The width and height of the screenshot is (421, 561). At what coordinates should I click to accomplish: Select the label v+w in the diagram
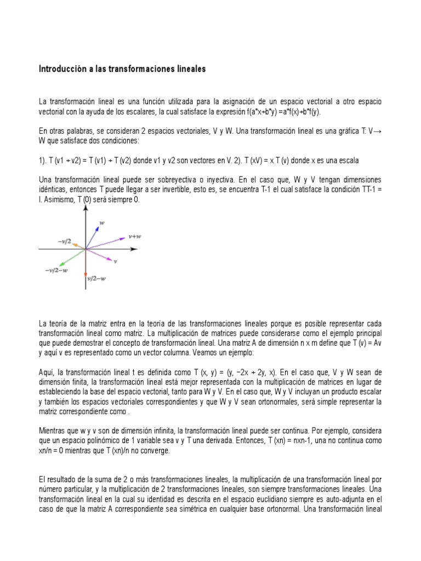(x=135, y=237)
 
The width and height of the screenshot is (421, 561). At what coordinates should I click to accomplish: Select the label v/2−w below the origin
(x=96, y=278)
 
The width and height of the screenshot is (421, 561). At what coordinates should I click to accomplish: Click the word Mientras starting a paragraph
(x=53, y=432)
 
